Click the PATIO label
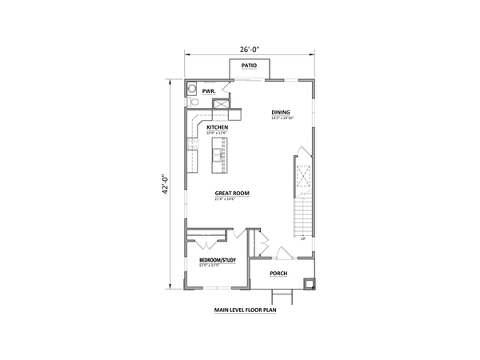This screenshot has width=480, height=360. pyautogui.click(x=250, y=66)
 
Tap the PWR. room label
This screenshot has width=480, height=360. pyautogui.click(x=209, y=91)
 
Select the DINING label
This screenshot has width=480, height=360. pyautogui.click(x=280, y=112)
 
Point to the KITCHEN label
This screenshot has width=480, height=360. pyautogui.click(x=218, y=127)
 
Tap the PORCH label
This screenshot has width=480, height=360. pyautogui.click(x=278, y=274)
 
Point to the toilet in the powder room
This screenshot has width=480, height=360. pyautogui.click(x=192, y=102)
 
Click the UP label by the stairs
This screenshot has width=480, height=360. pyautogui.click(x=302, y=238)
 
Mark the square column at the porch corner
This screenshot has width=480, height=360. pyautogui.click(x=311, y=281)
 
